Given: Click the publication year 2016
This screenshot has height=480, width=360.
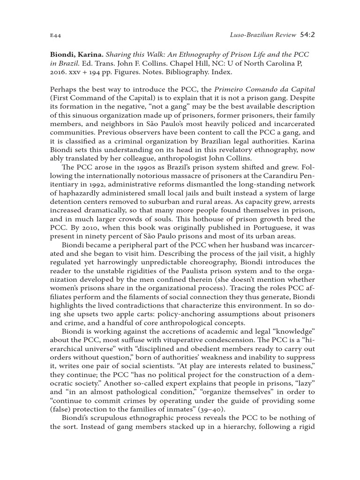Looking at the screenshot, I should pos(58,73).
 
